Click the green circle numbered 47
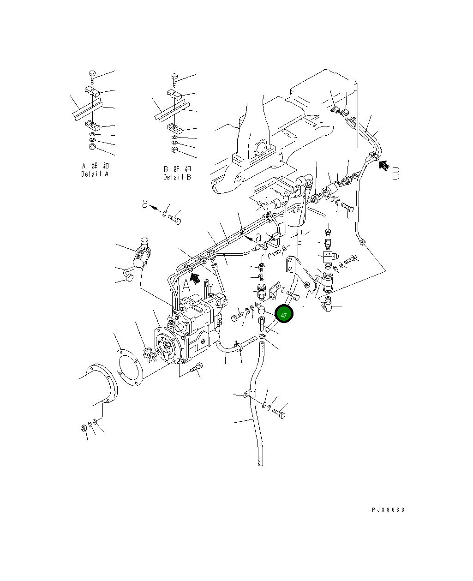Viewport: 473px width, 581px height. pos(284,314)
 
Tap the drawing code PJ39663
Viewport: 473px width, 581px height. pos(388,509)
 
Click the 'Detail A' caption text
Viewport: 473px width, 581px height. pos(95,174)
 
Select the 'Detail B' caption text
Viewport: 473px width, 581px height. pos(177,177)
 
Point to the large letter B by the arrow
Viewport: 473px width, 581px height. pos(395,174)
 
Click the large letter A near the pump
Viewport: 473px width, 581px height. pos(186,285)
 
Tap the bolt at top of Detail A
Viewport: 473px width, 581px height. pos(92,77)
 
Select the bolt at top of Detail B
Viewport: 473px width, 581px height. pos(174,80)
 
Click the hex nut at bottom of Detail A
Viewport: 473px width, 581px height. pos(92,147)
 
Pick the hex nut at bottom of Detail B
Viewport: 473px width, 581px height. pos(174,150)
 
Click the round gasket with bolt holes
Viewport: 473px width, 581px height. pos(130,368)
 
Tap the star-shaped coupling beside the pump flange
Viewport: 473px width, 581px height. pos(150,355)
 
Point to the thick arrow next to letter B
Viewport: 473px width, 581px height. pos(384,165)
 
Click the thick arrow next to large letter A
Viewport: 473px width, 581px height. pos(195,278)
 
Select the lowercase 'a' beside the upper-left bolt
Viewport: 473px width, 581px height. pos(145,204)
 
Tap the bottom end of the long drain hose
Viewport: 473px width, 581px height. pos(261,464)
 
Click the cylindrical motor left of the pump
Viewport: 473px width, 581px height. pos(142,253)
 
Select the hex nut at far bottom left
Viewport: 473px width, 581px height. pos(84,428)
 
